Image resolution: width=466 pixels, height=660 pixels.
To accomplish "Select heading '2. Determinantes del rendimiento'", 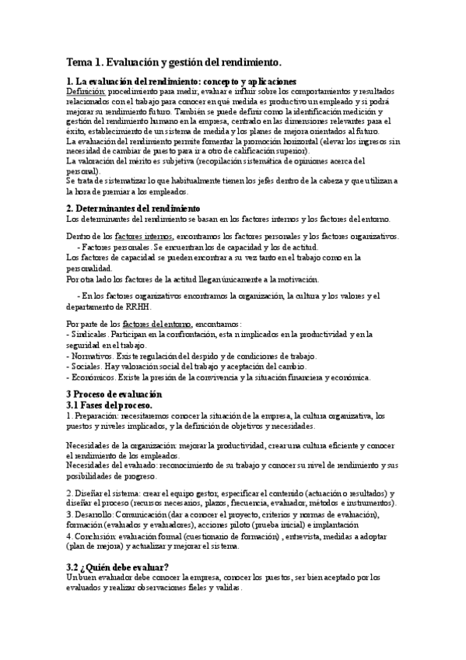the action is (x=133, y=209).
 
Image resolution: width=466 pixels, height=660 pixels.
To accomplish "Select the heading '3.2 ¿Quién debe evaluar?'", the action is (x=117, y=566).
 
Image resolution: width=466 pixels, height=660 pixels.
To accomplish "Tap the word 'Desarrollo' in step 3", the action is (x=95, y=514).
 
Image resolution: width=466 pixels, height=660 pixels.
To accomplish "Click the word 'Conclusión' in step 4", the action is (x=96, y=536).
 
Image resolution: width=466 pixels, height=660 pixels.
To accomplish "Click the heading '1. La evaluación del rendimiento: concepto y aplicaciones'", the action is (x=181, y=81).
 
